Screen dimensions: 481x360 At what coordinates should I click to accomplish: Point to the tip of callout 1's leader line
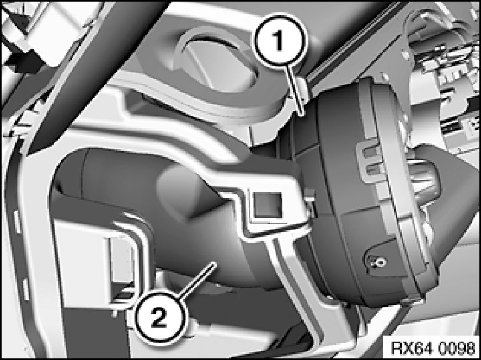pos(302,115)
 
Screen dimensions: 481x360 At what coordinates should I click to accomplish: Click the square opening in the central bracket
pos(267,206)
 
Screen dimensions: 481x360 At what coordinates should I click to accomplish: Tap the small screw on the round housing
pos(380,262)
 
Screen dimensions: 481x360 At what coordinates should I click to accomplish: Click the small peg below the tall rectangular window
pos(116,313)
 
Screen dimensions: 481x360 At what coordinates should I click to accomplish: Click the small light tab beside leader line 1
pos(302,89)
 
